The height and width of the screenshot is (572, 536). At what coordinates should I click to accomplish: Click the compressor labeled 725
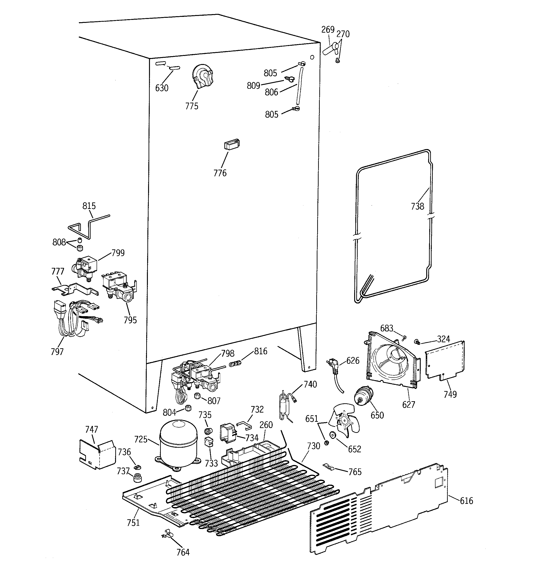(178, 444)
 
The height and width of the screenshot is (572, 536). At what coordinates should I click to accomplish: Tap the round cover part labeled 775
(203, 76)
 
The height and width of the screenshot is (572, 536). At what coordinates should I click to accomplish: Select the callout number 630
(162, 88)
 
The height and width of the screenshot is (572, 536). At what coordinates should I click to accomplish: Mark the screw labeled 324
(416, 342)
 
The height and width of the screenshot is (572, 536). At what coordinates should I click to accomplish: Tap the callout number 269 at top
(328, 30)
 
